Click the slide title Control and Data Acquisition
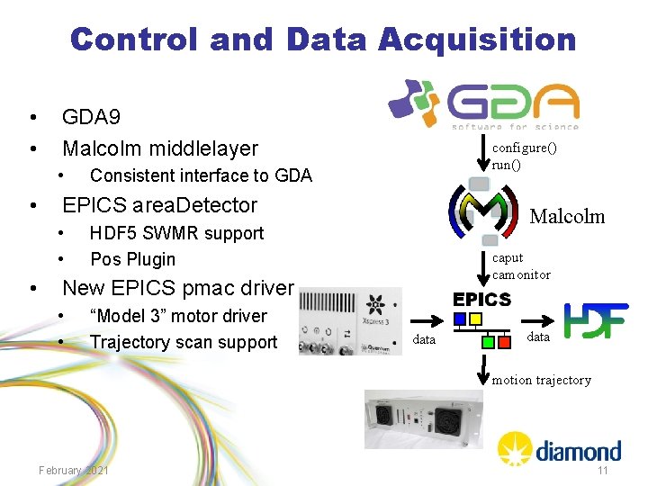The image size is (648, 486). pyautogui.click(x=323, y=40)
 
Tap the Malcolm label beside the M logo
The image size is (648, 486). pyautogui.click(x=567, y=216)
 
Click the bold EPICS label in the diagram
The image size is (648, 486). pyautogui.click(x=481, y=300)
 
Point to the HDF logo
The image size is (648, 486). pyautogui.click(x=595, y=320)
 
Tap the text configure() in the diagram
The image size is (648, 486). pyautogui.click(x=524, y=148)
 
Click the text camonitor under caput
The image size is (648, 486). pyautogui.click(x=521, y=274)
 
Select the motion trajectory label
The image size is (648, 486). pyautogui.click(x=541, y=380)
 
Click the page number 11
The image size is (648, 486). pyautogui.click(x=603, y=471)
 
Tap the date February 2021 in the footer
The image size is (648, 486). pyautogui.click(x=74, y=471)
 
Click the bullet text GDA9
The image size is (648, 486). pyautogui.click(x=91, y=117)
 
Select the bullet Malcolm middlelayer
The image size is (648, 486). pyautogui.click(x=159, y=148)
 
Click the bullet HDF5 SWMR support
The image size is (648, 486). pyautogui.click(x=176, y=233)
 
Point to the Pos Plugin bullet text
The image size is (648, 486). pyautogui.click(x=132, y=259)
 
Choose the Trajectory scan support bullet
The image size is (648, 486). pyautogui.click(x=183, y=342)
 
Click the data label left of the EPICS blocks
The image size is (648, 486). pyautogui.click(x=424, y=339)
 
